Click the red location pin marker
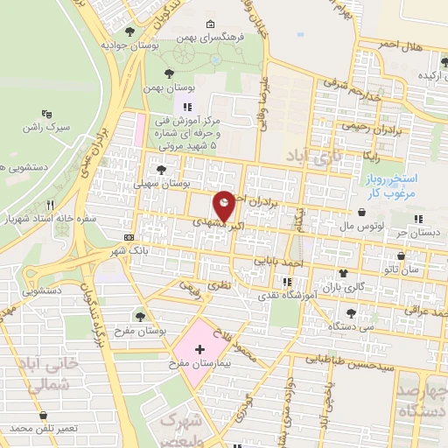[225, 206]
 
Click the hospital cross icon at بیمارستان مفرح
[201, 348]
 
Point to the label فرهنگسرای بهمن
[209, 39]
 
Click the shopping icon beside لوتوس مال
[362, 211]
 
